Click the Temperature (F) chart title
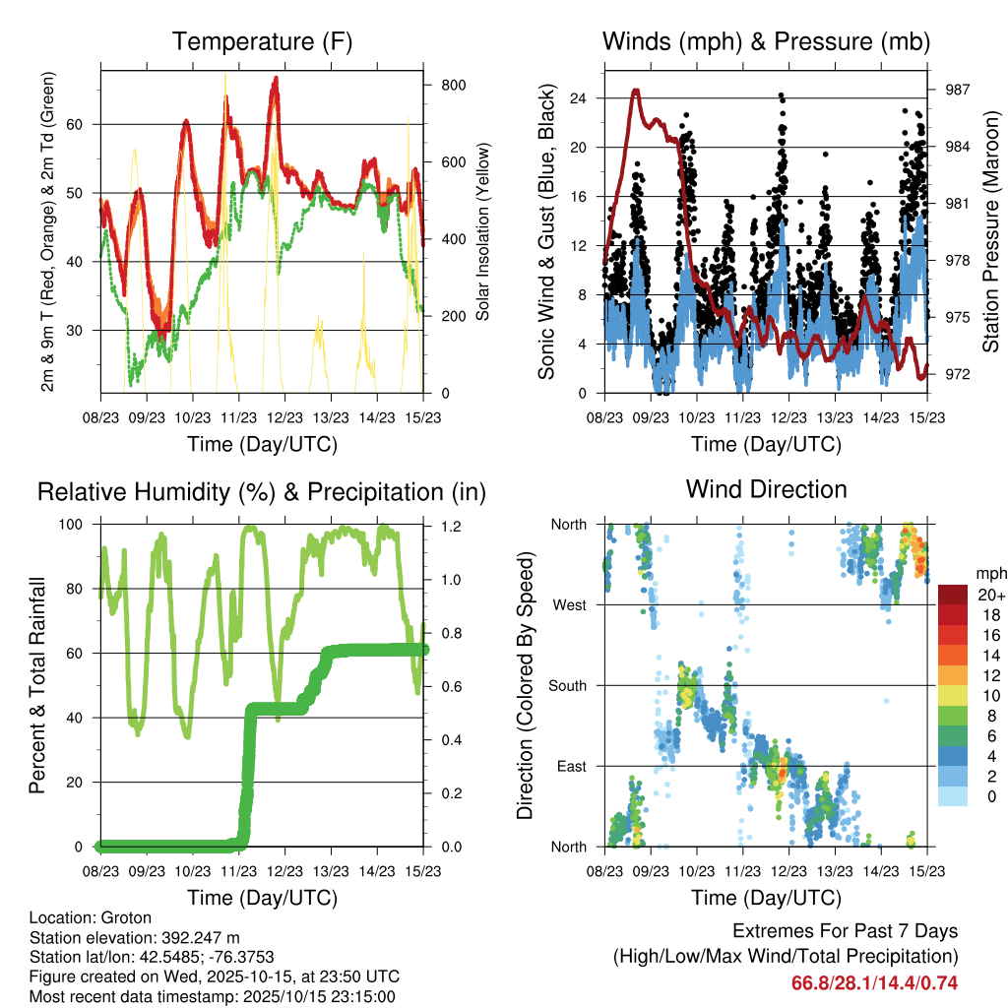coord(262,41)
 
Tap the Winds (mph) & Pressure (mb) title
coord(767,41)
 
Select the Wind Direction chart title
coord(767,488)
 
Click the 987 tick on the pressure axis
coord(958,90)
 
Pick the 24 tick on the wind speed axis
coord(578,98)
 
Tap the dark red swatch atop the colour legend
coord(953,594)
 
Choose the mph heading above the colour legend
coord(989,573)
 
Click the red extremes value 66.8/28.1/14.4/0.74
coord(874,983)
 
